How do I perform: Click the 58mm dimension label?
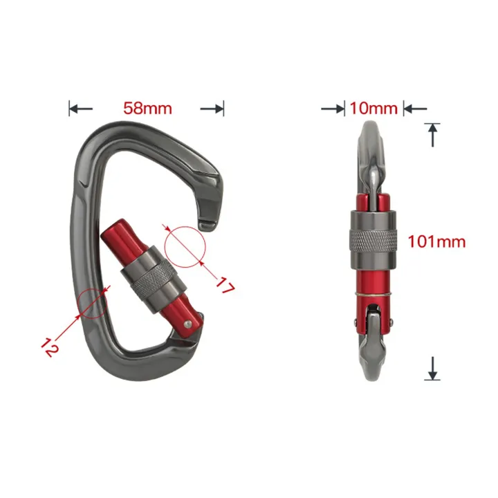(147, 109)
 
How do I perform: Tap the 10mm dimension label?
(373, 108)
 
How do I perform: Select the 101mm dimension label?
(436, 241)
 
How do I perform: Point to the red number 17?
(223, 286)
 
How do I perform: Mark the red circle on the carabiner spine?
(93, 303)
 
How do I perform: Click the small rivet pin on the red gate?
(189, 323)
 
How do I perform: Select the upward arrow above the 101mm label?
(433, 134)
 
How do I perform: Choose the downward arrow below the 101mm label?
(433, 368)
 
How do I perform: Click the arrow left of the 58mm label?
(80, 109)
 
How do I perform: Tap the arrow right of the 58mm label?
(212, 109)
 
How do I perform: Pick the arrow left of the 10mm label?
(334, 108)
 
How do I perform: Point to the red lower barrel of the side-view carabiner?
(373, 277)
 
